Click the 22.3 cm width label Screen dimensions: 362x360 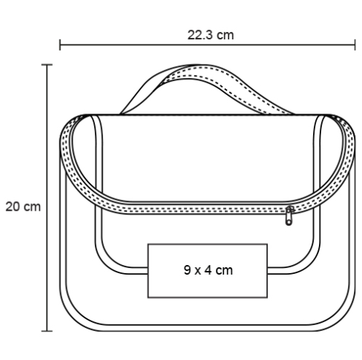[x=211, y=35]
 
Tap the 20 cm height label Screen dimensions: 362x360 [x=23, y=206]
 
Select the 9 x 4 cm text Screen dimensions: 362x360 [x=208, y=270]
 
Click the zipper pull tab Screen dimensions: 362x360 [x=289, y=216]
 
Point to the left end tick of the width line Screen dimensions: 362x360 [x=60, y=45]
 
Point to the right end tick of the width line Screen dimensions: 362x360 [x=355, y=45]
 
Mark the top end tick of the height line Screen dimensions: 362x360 [x=47, y=65]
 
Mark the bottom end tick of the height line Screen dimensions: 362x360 [x=47, y=331]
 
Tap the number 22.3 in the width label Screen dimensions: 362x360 [x=200, y=35]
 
